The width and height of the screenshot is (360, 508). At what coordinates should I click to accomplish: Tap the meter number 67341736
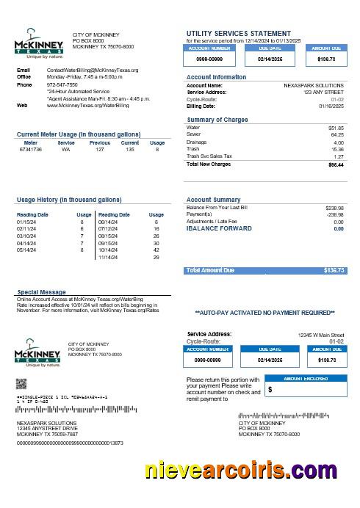click(x=31, y=149)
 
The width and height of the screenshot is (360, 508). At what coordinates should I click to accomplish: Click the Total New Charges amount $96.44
click(x=336, y=165)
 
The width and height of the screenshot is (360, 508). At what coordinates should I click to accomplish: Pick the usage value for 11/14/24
click(x=156, y=257)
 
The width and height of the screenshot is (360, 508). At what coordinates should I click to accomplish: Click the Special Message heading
click(x=43, y=292)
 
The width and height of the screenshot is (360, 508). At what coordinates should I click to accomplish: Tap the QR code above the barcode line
click(x=21, y=383)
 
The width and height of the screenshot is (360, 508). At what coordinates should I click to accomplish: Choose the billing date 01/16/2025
click(x=331, y=105)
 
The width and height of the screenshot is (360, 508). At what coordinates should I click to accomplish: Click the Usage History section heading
click(x=69, y=200)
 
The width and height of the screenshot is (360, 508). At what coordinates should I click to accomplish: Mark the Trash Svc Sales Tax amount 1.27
click(x=338, y=156)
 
